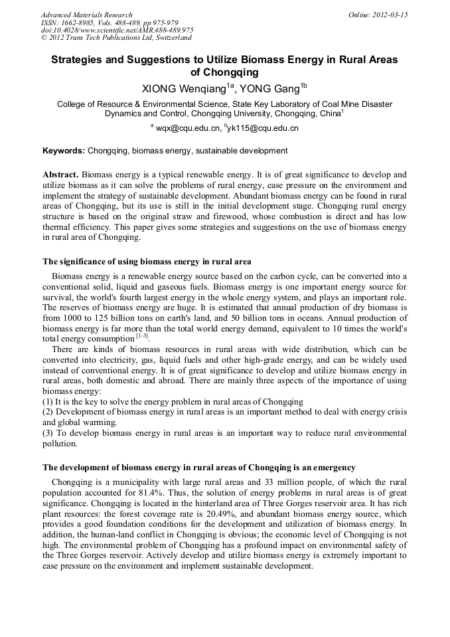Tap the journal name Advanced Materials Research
coord(86,15)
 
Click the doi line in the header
coord(117,30)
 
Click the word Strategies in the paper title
coord(78,60)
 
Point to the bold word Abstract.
coord(60,173)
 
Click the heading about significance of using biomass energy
coord(147,261)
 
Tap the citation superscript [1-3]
coord(142,337)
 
